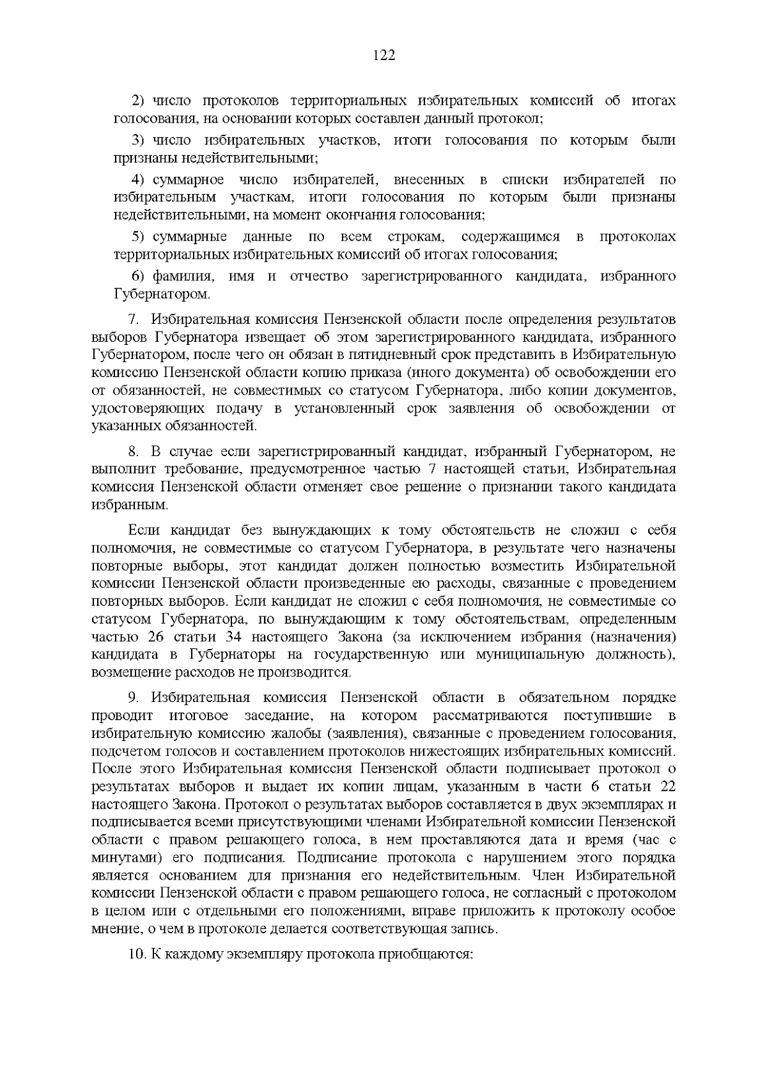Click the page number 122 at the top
coord(383,56)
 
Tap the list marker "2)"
coord(139,101)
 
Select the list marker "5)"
coord(139,238)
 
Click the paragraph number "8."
coord(134,453)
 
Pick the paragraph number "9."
coord(134,698)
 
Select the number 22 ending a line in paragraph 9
coord(667,786)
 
